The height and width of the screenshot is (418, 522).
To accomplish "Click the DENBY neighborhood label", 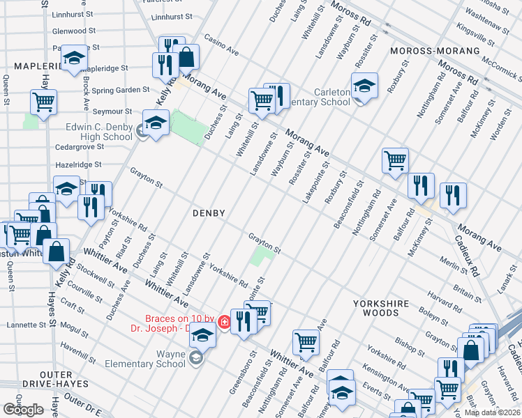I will pyautogui.click(x=209, y=213).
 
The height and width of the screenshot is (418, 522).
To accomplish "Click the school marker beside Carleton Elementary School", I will pyautogui.click(x=364, y=86).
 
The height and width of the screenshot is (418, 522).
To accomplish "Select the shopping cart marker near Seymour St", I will pyautogui.click(x=43, y=103).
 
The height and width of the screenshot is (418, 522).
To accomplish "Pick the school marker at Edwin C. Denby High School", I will pyautogui.click(x=156, y=123).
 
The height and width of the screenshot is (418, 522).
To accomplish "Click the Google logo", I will pyautogui.click(x=23, y=410).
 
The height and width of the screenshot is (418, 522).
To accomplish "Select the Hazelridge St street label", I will pyautogui.click(x=79, y=165).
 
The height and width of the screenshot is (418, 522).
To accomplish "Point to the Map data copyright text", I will pyautogui.click(x=492, y=412).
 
